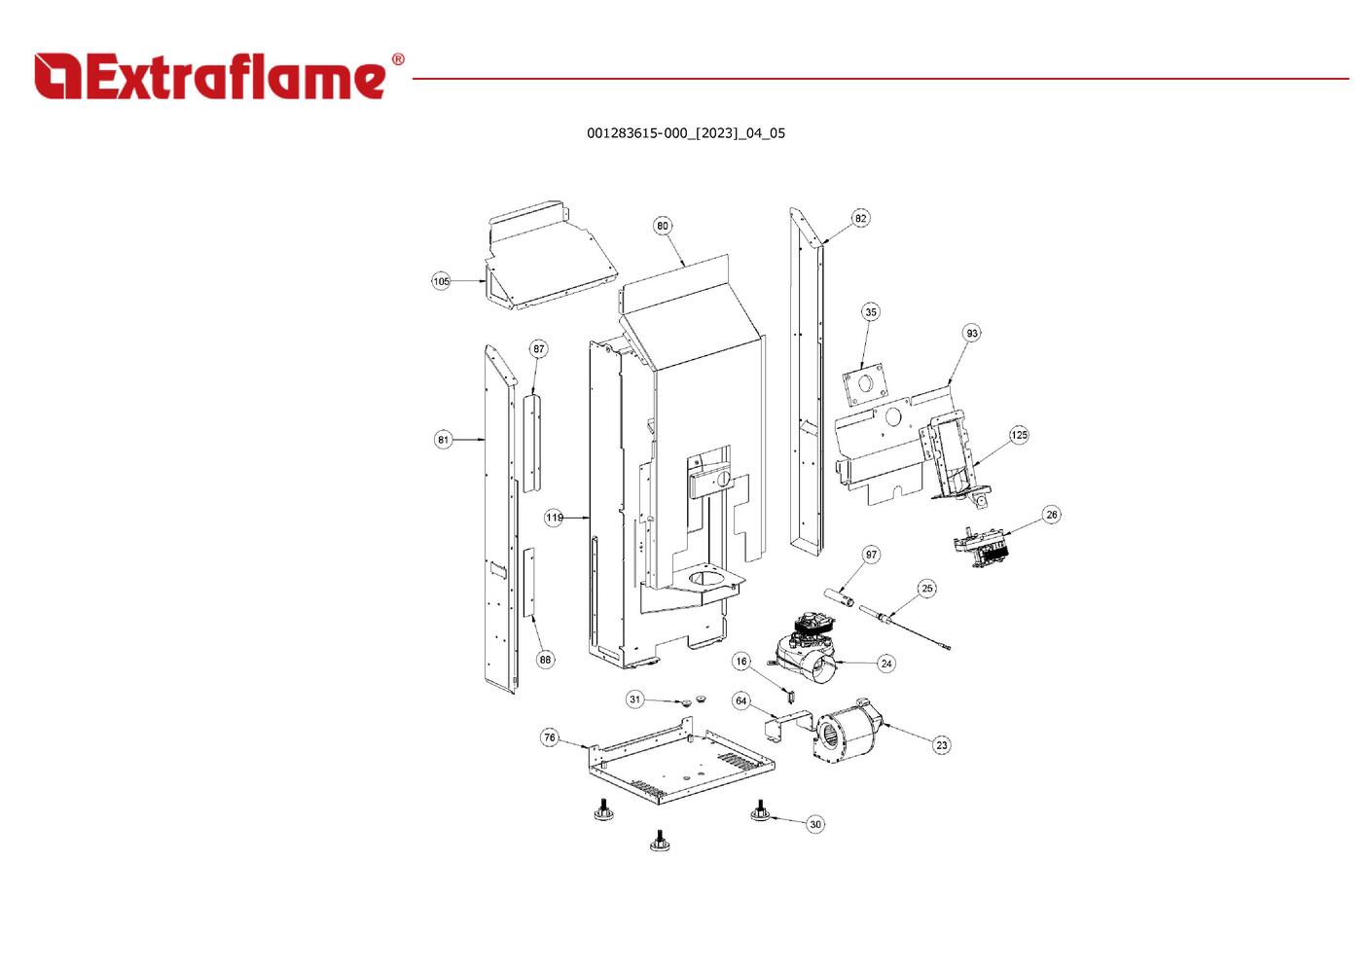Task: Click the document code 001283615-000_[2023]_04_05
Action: [685, 133]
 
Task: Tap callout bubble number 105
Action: [442, 281]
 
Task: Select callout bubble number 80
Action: [663, 226]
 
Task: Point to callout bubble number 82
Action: [860, 218]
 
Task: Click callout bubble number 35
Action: [871, 312]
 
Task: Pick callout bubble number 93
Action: [972, 333]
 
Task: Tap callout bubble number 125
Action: [1019, 435]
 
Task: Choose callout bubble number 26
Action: [1052, 515]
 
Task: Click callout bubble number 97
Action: [871, 555]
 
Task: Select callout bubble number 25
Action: [927, 589]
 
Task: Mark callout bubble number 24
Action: [885, 664]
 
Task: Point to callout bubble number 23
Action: [941, 745]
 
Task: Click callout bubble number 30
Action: [815, 824]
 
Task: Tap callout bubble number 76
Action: [550, 737]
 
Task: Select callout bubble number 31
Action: [635, 700]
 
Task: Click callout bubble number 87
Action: [539, 349]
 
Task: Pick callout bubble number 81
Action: [444, 440]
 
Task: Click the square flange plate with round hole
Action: [866, 385]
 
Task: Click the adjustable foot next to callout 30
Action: [760, 810]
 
